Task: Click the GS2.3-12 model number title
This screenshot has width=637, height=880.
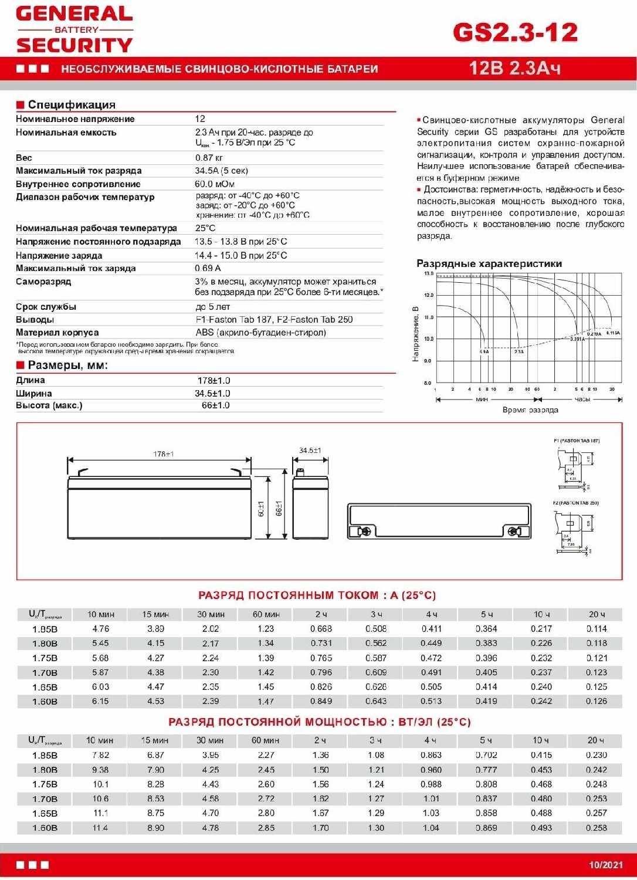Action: click(x=515, y=32)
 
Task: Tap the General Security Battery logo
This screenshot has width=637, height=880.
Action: click(x=74, y=30)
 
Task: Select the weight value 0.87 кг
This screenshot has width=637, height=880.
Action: click(x=209, y=158)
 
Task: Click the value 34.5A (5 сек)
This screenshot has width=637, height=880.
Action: click(x=221, y=171)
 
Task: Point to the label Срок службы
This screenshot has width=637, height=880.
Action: click(x=46, y=307)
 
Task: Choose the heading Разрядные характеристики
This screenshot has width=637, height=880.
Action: click(x=489, y=264)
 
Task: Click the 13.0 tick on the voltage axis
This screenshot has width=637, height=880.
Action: click(x=428, y=274)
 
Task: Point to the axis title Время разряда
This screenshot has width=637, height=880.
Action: click(x=530, y=410)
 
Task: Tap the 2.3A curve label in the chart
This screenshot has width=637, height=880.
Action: click(x=519, y=351)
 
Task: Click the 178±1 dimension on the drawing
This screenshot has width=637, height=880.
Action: click(x=163, y=454)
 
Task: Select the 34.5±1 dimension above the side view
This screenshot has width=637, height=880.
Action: click(x=310, y=451)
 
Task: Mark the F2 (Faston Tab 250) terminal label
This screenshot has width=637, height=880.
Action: click(x=575, y=503)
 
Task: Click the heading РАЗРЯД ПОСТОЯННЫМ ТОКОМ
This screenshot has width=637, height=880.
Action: click(x=317, y=595)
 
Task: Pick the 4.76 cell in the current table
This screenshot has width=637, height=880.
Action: click(x=100, y=629)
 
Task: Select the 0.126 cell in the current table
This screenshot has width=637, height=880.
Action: click(x=597, y=702)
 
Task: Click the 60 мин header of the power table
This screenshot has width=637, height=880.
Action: click(x=265, y=740)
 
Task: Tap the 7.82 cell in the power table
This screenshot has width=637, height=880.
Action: click(x=100, y=755)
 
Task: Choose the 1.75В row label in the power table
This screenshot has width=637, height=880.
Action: click(x=45, y=784)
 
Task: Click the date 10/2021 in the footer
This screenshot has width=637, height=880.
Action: click(x=606, y=865)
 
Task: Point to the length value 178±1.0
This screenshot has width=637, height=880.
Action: click(x=214, y=381)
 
